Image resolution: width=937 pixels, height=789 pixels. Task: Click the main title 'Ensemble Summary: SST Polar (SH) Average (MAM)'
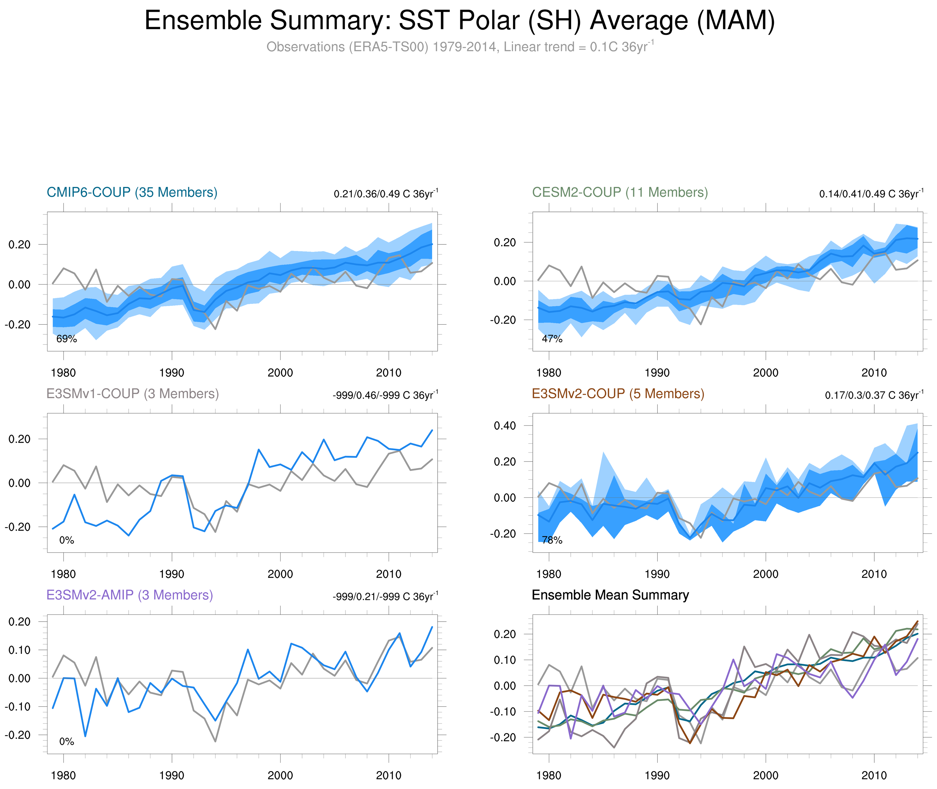[459, 21]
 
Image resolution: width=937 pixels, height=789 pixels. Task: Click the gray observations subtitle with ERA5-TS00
[459, 47]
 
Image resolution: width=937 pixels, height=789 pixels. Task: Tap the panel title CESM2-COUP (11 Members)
[620, 192]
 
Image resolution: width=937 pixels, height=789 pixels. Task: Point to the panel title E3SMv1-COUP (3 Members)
[132, 394]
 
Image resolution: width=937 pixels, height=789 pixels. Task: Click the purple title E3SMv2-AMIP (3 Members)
[130, 595]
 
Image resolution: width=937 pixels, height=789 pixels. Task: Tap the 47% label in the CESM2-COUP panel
[552, 339]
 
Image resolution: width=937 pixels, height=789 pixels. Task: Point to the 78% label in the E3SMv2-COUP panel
[552, 540]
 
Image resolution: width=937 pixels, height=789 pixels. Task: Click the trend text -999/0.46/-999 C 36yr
[385, 395]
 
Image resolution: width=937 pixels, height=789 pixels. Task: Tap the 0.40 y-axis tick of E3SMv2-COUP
[504, 425]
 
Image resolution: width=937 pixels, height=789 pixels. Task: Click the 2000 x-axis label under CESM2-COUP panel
[765, 373]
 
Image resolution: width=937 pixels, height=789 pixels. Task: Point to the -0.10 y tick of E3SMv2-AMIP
[18, 707]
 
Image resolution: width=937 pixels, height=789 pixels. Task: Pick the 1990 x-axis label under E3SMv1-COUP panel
[172, 574]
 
